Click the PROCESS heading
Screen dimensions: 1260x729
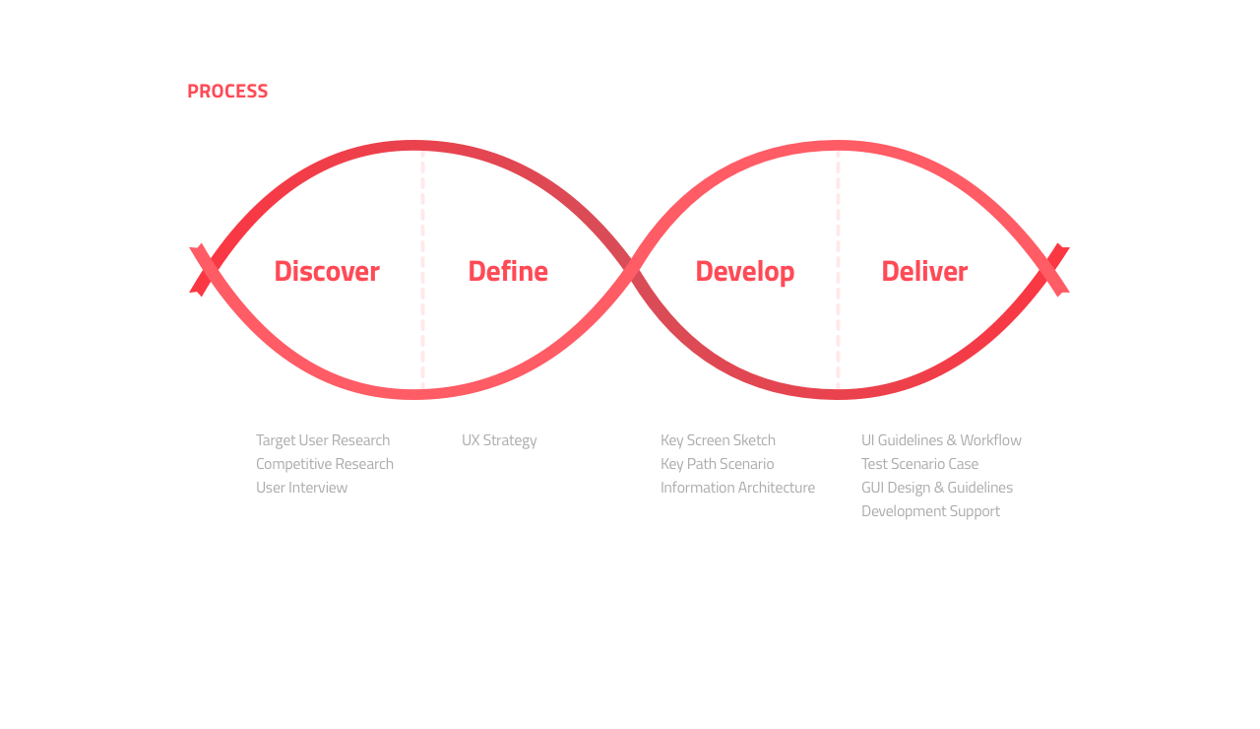coord(227,92)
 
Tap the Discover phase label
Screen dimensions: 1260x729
coord(327,271)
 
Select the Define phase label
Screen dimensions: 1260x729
coord(508,271)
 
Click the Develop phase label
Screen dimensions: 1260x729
coord(745,273)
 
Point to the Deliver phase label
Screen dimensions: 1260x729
coord(924,271)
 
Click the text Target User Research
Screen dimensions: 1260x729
coord(323,440)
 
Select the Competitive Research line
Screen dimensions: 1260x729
coord(325,464)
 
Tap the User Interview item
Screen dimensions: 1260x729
coord(301,488)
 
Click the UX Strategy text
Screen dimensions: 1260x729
coord(499,440)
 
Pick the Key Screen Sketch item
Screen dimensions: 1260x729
coord(718,440)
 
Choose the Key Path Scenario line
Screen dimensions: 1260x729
coord(718,464)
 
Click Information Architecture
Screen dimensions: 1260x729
coord(737,488)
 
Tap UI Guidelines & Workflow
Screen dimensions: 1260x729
coord(941,440)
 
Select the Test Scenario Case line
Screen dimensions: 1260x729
coord(919,464)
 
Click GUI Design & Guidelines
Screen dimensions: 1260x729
coord(936,488)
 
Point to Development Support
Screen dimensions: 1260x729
coord(930,511)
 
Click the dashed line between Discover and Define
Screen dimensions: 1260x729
coord(422,270)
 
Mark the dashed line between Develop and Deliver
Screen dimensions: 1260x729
coord(838,270)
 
